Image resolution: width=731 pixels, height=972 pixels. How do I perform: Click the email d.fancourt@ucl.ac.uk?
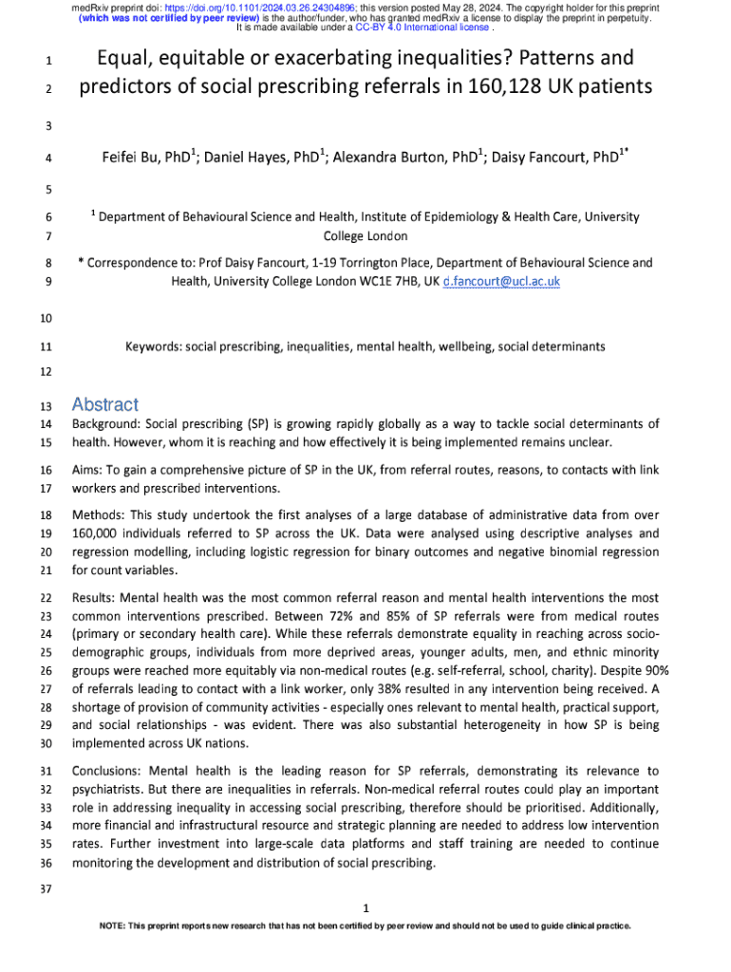[501, 282]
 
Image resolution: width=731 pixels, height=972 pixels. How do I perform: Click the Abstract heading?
[104, 404]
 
